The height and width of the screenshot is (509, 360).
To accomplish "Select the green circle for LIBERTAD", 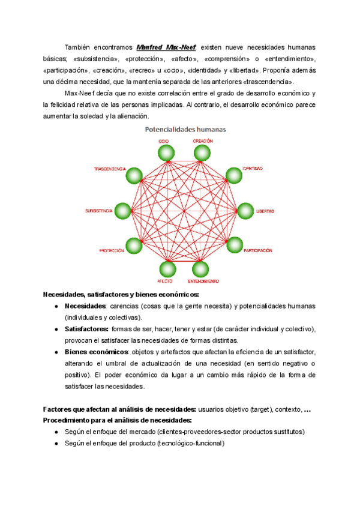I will [245, 211].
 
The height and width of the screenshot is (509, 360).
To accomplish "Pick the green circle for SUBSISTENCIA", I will [122, 211].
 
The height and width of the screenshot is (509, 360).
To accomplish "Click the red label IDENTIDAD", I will [252, 169].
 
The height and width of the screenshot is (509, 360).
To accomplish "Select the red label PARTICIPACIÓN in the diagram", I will [258, 250].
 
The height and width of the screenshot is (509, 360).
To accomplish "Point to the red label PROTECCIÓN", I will [112, 250].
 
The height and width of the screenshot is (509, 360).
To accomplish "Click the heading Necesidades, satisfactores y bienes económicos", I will [121, 295].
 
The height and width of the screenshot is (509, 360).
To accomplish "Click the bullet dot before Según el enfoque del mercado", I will [56, 432].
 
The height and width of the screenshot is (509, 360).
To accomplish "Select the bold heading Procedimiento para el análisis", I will [117, 420].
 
